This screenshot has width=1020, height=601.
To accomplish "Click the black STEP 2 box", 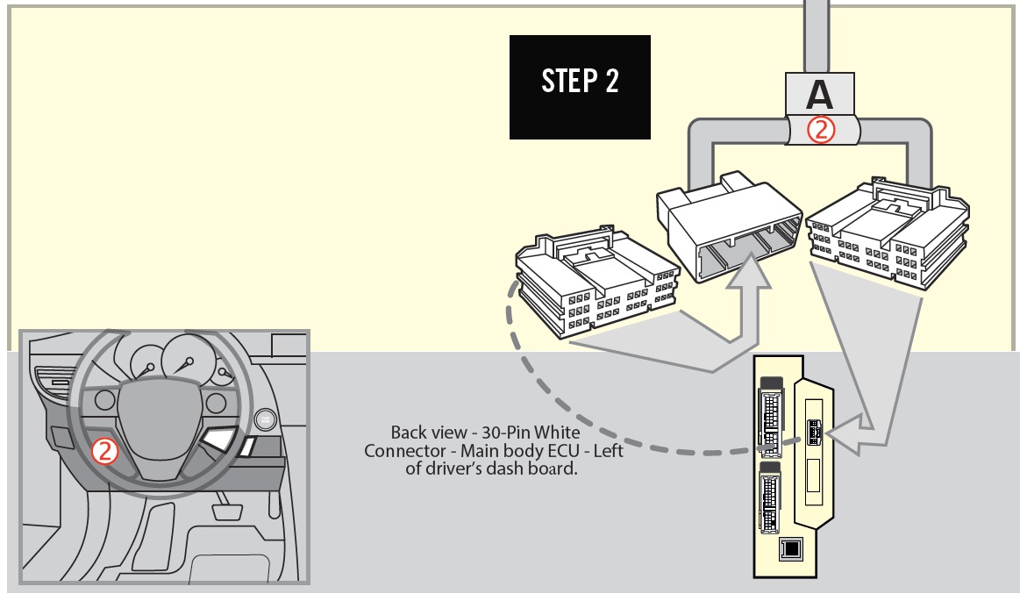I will coord(580,87).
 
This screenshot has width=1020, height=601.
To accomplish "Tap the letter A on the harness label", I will coord(819,95).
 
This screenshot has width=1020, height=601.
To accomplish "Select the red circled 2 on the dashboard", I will coord(104,451).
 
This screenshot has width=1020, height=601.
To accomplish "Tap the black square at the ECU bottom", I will coord(791,549).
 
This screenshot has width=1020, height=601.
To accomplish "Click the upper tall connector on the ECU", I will coord(771,418).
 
